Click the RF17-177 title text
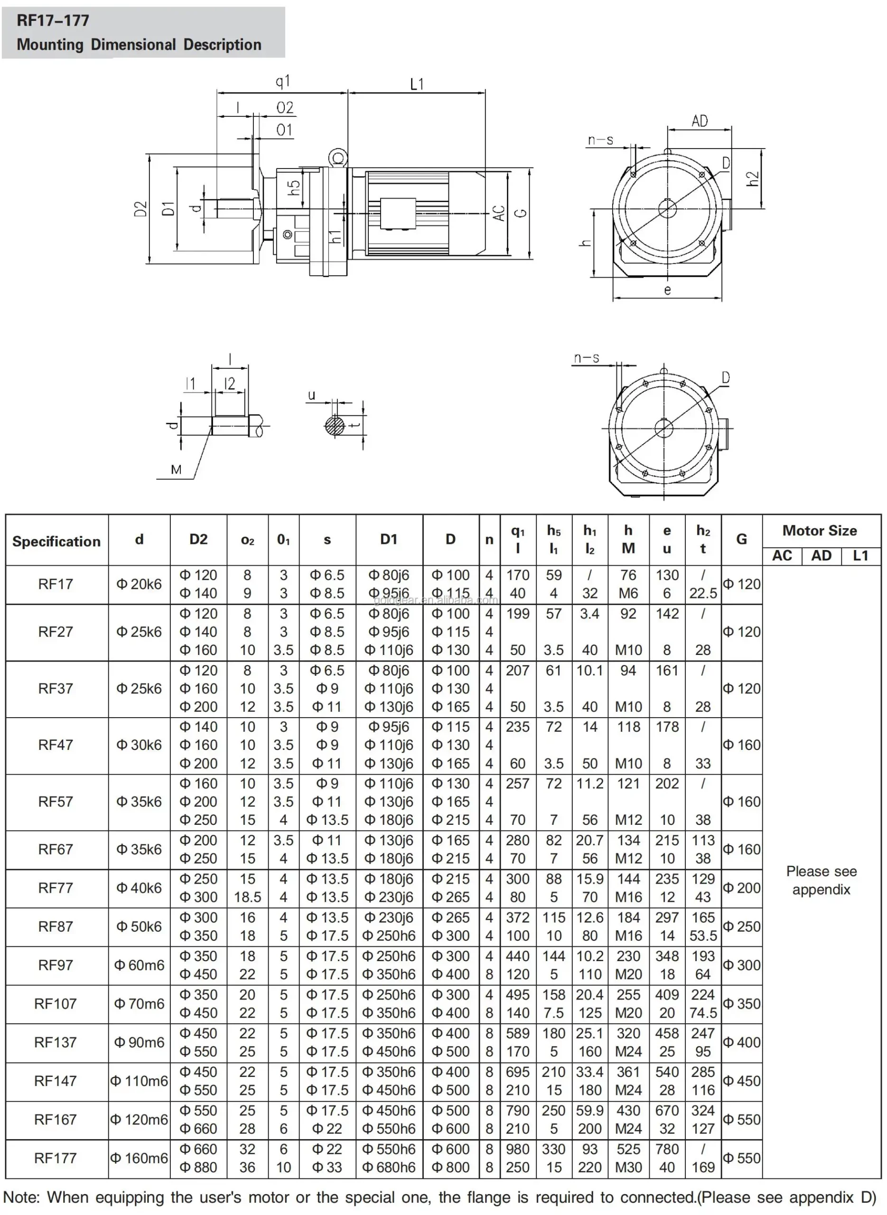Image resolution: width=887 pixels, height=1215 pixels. coord(53,20)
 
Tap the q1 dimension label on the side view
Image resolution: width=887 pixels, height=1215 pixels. coord(282,81)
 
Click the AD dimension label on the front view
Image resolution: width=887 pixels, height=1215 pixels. coord(699,121)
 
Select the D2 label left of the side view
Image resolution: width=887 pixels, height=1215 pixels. coord(140,209)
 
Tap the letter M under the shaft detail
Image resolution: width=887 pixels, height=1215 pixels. coord(176,470)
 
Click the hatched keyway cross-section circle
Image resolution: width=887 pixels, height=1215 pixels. coord(334,426)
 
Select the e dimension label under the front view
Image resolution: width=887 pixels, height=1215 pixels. coord(667,290)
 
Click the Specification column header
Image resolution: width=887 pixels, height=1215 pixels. coord(56,541)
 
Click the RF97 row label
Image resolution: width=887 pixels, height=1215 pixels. coord(56,965)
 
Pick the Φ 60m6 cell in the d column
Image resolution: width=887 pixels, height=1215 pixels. coord(139,965)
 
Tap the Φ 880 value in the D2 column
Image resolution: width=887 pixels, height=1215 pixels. coord(198,1167)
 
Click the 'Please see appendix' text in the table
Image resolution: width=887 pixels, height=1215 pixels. coord(821,880)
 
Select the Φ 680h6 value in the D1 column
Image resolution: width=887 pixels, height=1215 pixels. coord(389,1167)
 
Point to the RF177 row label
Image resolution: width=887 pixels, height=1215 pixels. coord(56,1158)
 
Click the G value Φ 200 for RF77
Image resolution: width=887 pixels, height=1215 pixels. coord(741,888)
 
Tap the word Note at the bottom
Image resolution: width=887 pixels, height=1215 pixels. coord(21,1197)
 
